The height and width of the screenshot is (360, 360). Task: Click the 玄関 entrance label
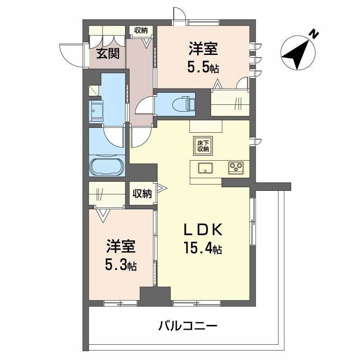pyautogui.click(x=108, y=54)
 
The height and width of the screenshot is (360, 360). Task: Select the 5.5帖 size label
pyautogui.click(x=203, y=67)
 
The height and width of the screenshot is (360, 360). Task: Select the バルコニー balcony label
pyautogui.click(x=188, y=325)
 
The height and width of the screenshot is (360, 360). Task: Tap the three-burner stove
pyautogui.click(x=235, y=168)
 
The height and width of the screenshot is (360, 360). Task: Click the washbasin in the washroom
pyautogui.click(x=96, y=108)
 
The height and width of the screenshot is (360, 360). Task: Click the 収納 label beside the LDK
pyautogui.click(x=141, y=194)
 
